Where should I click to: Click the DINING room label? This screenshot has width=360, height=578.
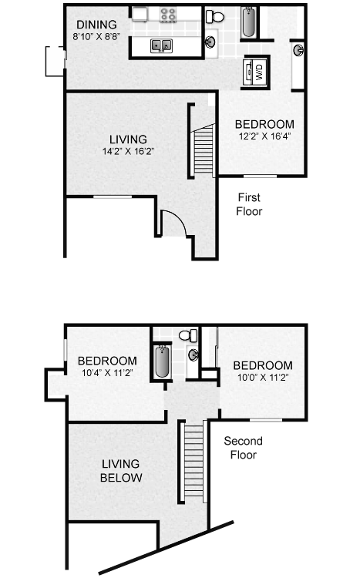[x=96, y=25]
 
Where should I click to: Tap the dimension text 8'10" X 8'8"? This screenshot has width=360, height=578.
[x=96, y=37]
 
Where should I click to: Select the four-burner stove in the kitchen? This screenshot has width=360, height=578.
[x=168, y=15]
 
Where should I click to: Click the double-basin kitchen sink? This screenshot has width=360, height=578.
[x=161, y=45]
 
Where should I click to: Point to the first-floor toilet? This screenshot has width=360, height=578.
[x=215, y=17]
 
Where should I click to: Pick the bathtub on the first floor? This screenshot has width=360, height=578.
[x=248, y=22]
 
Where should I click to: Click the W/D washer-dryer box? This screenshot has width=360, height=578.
[x=256, y=72]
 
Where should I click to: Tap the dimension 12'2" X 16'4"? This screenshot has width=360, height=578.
[x=265, y=136]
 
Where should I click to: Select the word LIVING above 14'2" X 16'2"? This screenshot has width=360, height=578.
[x=128, y=139]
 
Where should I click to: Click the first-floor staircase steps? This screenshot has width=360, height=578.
[x=204, y=150]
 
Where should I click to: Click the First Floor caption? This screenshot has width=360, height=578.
[x=249, y=204]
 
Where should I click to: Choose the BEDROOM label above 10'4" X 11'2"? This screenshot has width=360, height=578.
[x=107, y=361]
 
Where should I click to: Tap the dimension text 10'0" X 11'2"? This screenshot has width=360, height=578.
[x=263, y=378]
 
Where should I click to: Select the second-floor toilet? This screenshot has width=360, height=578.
[x=188, y=335]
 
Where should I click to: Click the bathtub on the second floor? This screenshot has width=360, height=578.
[x=162, y=361]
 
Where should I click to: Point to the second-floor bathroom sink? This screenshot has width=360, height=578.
[x=193, y=355]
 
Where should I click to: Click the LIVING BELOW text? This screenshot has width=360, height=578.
[x=121, y=470]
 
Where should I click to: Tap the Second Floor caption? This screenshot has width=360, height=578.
[x=243, y=448]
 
